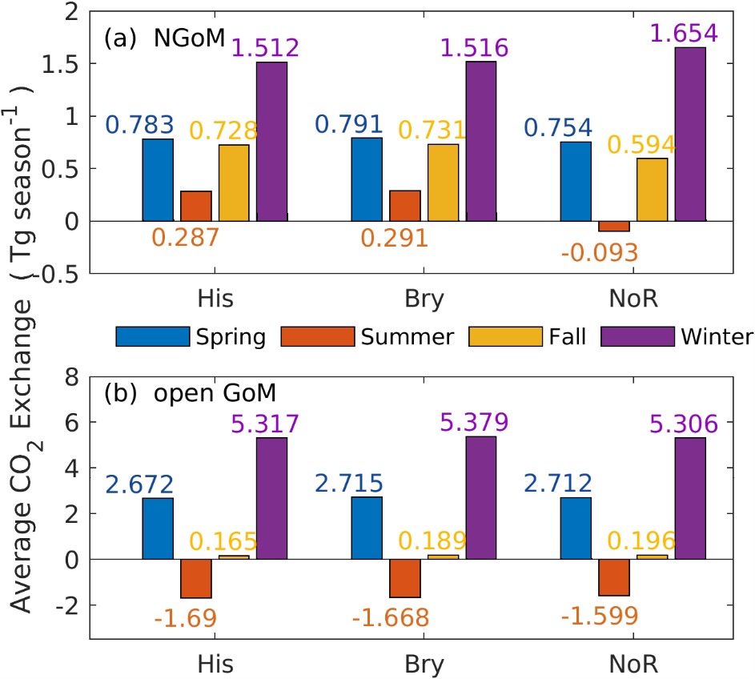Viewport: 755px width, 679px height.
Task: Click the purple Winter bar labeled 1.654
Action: point(690,134)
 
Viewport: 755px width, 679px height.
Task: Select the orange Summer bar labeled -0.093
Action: point(614,226)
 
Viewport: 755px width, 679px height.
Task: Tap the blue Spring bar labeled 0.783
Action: point(158,180)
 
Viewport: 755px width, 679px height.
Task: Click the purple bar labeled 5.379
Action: point(481,497)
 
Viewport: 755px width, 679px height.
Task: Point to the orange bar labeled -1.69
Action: point(196,578)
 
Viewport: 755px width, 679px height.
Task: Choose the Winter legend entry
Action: point(677,336)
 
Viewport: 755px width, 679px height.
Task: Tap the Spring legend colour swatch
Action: point(152,336)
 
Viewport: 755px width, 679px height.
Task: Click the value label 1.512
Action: point(265,48)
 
